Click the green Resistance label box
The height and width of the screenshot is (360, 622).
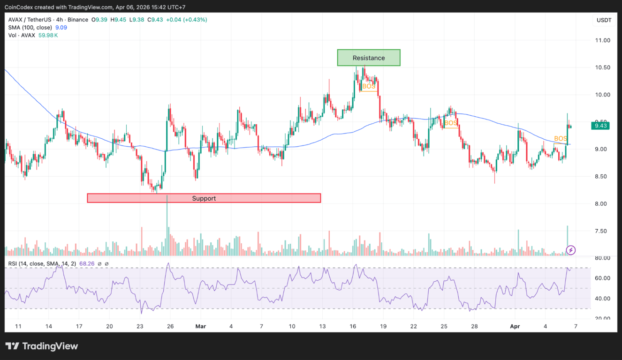tap(369, 58)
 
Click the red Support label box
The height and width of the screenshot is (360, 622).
tap(204, 198)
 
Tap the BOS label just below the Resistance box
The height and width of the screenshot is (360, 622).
tap(369, 86)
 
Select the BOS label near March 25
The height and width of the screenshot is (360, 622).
tap(450, 123)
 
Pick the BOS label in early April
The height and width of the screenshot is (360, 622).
tap(561, 139)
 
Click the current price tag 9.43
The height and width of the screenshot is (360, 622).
tap(600, 126)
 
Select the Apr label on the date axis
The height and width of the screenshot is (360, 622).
tap(515, 326)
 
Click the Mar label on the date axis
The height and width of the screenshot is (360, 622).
tap(200, 326)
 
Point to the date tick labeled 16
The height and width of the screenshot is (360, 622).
tap(353, 326)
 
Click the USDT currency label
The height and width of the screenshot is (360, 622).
tap(604, 20)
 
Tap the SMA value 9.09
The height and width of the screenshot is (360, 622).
tap(61, 28)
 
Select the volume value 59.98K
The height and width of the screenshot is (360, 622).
tap(48, 35)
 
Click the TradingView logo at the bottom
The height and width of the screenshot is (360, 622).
tap(41, 346)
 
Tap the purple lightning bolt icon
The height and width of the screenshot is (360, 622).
tap(571, 250)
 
